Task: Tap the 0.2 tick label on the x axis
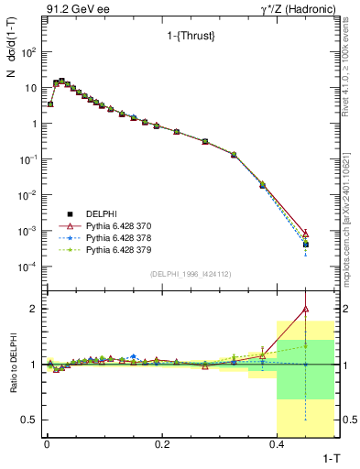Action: click(162, 443)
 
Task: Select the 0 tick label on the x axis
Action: click(46, 443)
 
